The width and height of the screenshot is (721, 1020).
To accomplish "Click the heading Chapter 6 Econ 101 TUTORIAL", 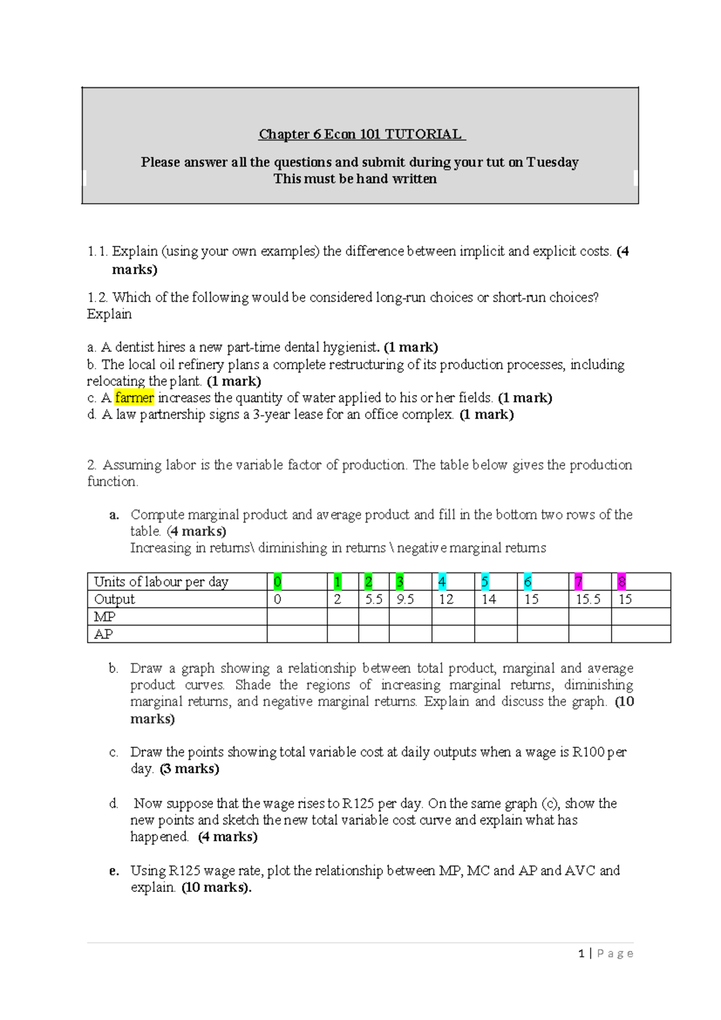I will (361, 134).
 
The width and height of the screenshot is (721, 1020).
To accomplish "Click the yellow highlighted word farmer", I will (135, 398).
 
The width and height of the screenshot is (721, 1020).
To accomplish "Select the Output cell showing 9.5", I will (405, 599).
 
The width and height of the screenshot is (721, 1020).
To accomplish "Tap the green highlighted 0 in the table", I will (278, 582).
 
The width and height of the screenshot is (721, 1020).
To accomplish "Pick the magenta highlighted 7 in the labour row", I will (578, 582).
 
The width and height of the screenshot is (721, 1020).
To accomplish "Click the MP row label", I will (105, 616).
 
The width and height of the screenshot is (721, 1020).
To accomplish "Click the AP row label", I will (103, 634).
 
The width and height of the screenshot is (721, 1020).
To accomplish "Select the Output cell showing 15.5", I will (588, 599).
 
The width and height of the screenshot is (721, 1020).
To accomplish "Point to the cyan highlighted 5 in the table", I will (484, 582).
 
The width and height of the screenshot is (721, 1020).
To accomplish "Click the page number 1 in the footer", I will (581, 953).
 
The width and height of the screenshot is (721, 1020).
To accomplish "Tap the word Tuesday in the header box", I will (552, 162).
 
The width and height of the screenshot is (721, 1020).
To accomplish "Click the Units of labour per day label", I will (161, 582).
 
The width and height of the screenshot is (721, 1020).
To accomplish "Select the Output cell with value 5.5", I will (374, 599).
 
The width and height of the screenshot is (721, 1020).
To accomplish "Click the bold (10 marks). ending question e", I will (216, 887).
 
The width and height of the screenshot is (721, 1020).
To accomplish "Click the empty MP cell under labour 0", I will (297, 616).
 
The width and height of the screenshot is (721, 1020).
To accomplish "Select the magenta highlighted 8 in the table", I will (621, 582).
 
